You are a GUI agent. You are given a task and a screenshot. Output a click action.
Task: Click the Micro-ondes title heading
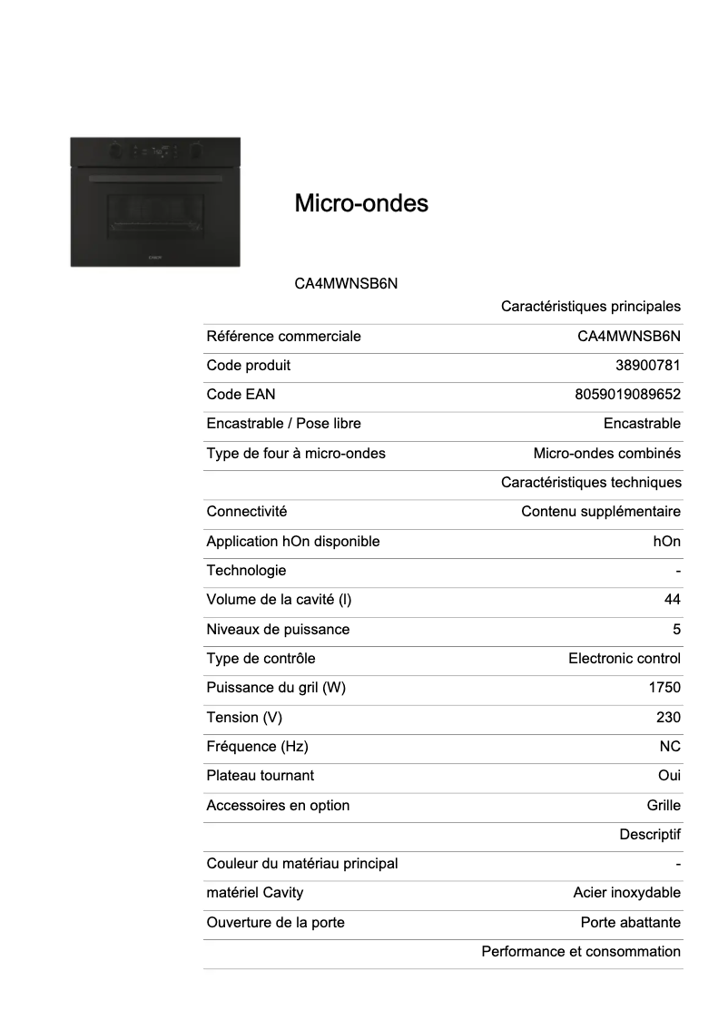click(x=361, y=203)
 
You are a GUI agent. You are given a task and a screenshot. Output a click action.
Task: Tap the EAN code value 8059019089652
click(x=627, y=395)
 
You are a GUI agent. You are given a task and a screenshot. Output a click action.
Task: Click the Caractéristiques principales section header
click(x=590, y=307)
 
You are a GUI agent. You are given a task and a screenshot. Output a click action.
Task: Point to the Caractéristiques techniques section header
click(x=590, y=483)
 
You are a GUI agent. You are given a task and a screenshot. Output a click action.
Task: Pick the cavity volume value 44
click(x=672, y=600)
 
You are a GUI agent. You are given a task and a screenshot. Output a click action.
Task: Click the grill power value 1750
click(x=664, y=688)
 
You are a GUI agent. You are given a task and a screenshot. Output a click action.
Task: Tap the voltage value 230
click(x=668, y=718)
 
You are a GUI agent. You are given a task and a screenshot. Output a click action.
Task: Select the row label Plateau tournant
click(x=261, y=776)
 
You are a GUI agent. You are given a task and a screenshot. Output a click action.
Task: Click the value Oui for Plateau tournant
click(x=669, y=776)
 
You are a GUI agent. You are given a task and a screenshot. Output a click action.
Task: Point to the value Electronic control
click(x=624, y=659)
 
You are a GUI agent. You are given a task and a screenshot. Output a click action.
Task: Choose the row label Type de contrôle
click(x=261, y=659)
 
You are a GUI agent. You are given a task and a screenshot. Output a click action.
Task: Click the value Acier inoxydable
click(x=626, y=893)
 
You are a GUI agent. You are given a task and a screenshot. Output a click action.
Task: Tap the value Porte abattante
click(x=630, y=923)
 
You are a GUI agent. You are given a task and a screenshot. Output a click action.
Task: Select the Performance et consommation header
click(x=580, y=952)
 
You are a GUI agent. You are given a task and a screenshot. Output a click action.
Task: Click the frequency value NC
click(x=670, y=747)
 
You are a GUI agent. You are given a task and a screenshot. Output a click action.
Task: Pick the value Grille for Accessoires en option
click(x=664, y=806)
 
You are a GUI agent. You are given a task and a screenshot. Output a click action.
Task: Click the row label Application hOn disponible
click(x=293, y=542)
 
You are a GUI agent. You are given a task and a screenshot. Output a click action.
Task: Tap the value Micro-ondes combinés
click(x=606, y=454)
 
